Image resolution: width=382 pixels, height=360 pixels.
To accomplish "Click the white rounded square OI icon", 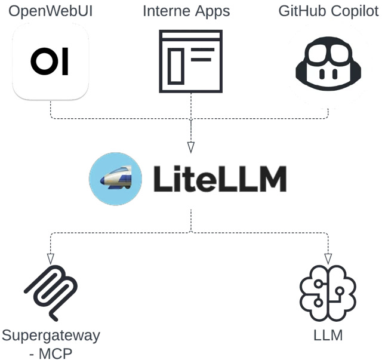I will [50, 61].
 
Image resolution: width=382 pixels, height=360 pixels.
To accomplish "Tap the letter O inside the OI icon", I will [42, 61].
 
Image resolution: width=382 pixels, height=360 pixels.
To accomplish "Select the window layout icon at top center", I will [190, 60].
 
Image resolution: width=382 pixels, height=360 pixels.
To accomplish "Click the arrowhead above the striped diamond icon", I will [50, 258].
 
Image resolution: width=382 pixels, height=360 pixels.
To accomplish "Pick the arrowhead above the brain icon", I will [328, 258].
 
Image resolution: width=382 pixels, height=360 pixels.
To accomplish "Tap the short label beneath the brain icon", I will [328, 337].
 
